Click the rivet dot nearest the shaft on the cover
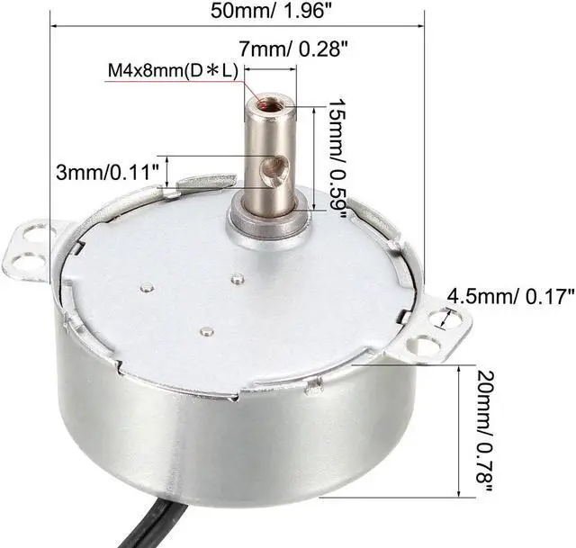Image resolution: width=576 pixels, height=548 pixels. click(x=236, y=279)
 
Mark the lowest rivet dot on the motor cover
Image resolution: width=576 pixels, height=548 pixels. click(x=206, y=332)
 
